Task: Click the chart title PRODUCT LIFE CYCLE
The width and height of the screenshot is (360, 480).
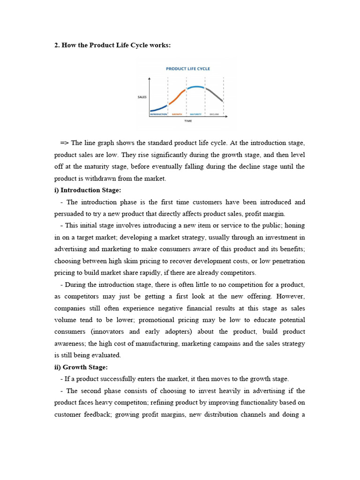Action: tap(188, 69)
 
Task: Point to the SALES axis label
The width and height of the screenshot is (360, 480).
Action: tap(142, 97)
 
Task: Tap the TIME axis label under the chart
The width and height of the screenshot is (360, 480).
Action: tap(187, 121)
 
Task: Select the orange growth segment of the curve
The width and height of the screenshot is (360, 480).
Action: tap(177, 97)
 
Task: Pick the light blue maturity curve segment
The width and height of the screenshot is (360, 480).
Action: tap(196, 87)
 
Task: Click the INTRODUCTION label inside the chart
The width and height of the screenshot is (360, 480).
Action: tap(158, 114)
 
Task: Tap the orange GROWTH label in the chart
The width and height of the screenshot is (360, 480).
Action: tap(177, 114)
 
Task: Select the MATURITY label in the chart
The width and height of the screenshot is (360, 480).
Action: tap(196, 114)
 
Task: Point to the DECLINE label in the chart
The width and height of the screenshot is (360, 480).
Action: tap(214, 114)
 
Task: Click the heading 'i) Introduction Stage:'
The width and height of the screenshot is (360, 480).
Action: tap(88, 190)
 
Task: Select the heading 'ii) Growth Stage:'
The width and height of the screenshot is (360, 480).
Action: tap(81, 367)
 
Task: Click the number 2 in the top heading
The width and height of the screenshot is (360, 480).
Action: tap(56, 45)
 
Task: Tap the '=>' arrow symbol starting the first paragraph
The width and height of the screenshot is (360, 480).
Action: tap(65, 143)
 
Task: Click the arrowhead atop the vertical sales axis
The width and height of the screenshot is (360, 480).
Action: tap(150, 79)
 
